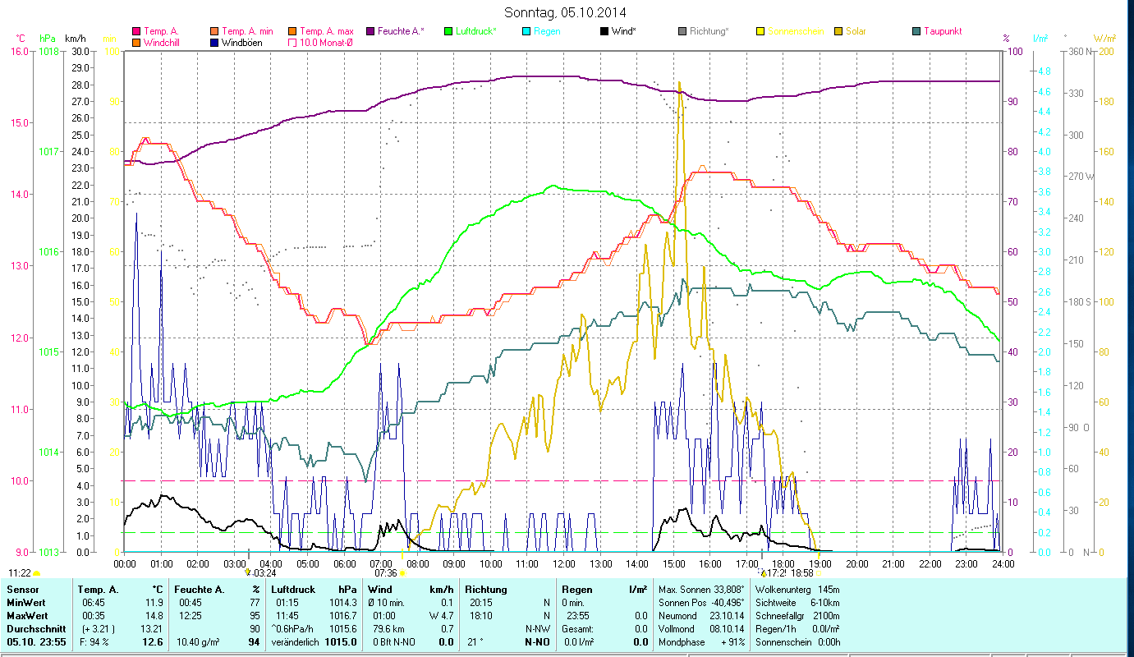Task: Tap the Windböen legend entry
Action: (241, 42)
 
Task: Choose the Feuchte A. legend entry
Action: (401, 31)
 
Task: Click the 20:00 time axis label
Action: (857, 563)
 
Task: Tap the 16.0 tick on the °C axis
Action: (18, 51)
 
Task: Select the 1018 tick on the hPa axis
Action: (48, 51)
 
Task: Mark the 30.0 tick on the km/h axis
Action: (80, 51)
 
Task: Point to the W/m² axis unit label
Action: (1104, 38)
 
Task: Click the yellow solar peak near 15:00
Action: (679, 83)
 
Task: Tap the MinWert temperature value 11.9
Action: (153, 603)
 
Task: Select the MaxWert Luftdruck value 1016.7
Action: (344, 615)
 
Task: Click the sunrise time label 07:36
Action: (386, 573)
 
